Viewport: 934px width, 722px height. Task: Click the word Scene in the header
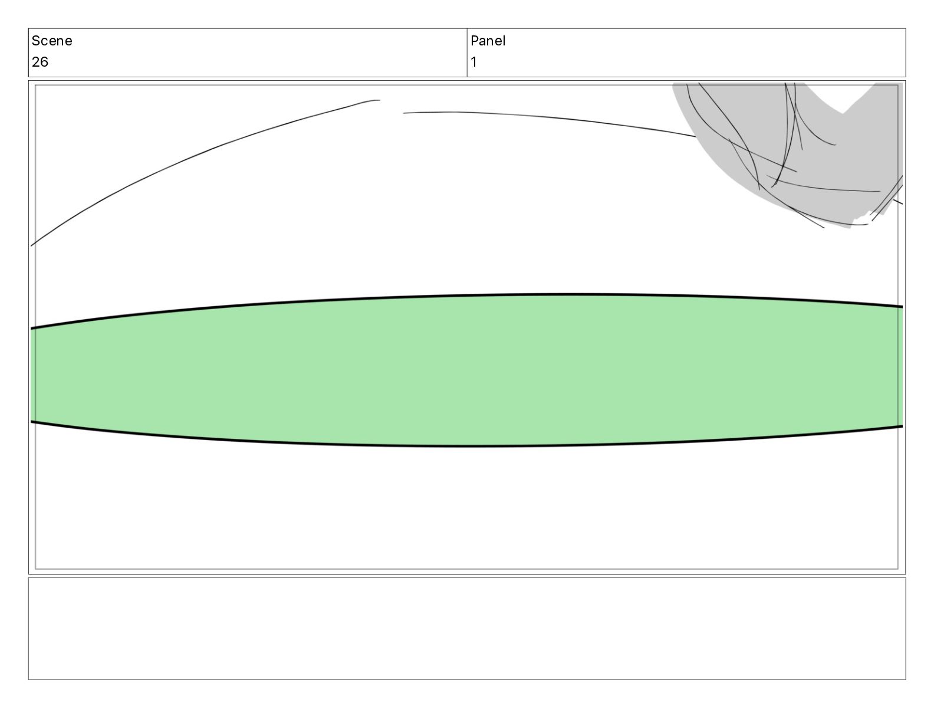(51, 41)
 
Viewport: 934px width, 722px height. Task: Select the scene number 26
(40, 62)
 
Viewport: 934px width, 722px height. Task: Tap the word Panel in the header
(488, 41)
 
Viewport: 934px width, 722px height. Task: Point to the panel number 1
(473, 62)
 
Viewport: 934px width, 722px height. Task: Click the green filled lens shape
(466, 370)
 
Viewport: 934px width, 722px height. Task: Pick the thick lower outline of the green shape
(466, 446)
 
